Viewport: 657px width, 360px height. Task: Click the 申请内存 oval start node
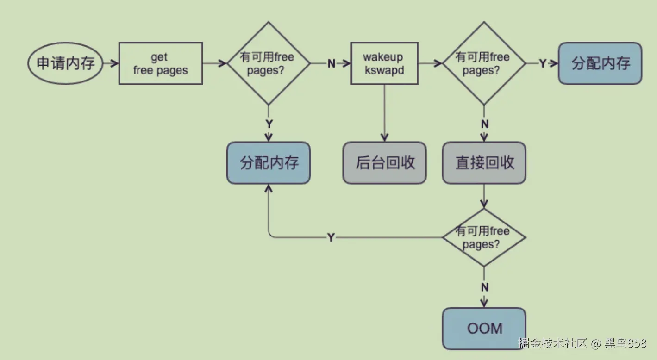coord(65,63)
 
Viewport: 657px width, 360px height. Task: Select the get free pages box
coord(161,63)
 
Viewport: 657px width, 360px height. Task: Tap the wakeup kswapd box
coord(384,63)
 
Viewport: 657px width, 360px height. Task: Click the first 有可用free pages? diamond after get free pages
coord(268,63)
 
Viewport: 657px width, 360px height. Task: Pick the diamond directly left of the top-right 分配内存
coord(484,63)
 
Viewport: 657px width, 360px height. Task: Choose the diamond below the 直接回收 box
coord(484,237)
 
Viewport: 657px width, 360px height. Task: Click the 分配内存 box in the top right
coord(600,63)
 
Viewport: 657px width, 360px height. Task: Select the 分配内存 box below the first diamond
coord(269,163)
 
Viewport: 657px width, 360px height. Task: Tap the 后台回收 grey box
coord(384,163)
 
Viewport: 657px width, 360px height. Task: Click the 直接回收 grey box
coord(484,163)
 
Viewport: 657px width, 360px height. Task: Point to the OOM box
coord(484,329)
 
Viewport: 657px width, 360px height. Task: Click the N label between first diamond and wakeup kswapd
coord(331,64)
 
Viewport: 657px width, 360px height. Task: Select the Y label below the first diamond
coord(269,124)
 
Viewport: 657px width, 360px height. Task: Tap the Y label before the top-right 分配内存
coord(543,64)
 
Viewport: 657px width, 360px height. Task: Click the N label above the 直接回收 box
coord(484,124)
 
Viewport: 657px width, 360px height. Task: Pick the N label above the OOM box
coord(484,287)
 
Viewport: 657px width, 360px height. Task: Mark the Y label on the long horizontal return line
coord(331,238)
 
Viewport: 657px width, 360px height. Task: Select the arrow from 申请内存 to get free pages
coord(110,63)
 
